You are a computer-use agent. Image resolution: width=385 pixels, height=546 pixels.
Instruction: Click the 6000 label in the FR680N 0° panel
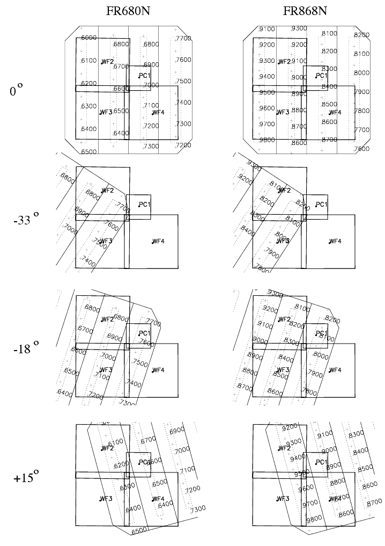pyautogui.click(x=88, y=38)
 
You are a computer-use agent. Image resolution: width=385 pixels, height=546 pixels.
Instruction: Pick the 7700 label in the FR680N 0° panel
pyautogui.click(x=183, y=38)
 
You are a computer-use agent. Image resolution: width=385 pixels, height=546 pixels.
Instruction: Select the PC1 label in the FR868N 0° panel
pyautogui.click(x=321, y=76)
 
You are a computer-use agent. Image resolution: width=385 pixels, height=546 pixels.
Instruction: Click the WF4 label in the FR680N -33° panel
pyautogui.click(x=158, y=241)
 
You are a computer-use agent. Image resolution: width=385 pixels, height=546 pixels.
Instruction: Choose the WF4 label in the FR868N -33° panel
pyautogui.click(x=335, y=241)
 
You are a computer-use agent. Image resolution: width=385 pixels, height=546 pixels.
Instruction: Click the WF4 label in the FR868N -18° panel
pyautogui.click(x=335, y=370)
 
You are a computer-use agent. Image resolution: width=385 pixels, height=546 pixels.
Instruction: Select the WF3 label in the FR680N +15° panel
pyautogui.click(x=106, y=499)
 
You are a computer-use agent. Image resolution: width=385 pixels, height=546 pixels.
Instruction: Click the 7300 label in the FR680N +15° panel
pyautogui.click(x=197, y=508)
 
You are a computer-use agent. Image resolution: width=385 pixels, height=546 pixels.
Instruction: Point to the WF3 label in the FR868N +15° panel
pyautogui.click(x=283, y=499)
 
